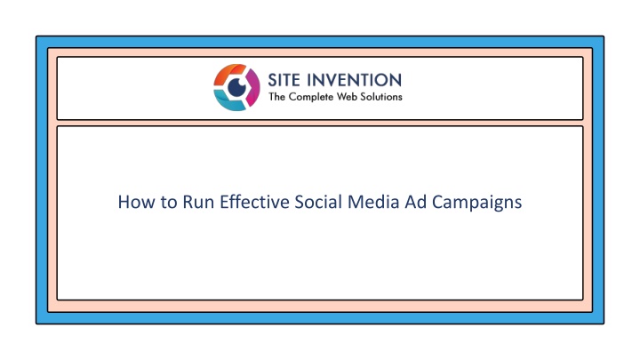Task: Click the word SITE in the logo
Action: click(x=284, y=80)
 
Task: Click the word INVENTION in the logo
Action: click(x=355, y=80)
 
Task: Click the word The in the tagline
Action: click(x=276, y=97)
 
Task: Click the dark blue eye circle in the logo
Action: click(x=236, y=87)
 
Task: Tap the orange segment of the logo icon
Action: click(x=228, y=74)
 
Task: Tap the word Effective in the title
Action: click(x=254, y=202)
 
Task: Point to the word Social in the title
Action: click(x=318, y=202)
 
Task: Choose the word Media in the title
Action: click(x=373, y=202)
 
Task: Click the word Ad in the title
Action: click(x=415, y=202)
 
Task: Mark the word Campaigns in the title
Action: click(x=476, y=204)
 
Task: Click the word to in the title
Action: click(x=169, y=203)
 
